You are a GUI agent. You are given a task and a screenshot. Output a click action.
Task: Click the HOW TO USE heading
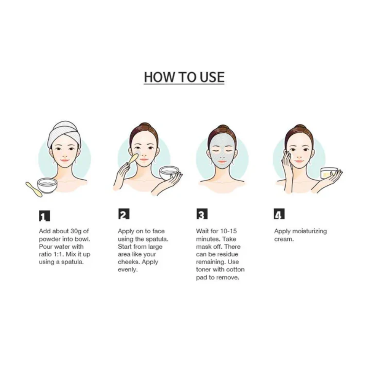click(x=184, y=77)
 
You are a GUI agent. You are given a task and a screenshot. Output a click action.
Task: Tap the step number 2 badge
click(x=123, y=214)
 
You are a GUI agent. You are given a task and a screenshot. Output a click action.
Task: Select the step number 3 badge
click(x=202, y=214)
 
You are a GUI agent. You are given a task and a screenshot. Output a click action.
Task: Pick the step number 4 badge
click(x=279, y=214)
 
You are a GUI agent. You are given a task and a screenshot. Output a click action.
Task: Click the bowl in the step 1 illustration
click(x=47, y=185)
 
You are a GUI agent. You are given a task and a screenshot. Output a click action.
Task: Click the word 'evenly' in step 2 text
click(x=127, y=269)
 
